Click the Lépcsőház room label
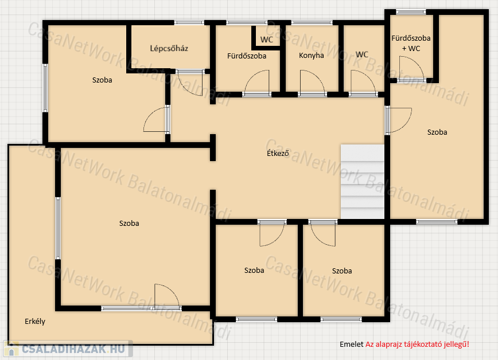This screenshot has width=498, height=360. [169, 49]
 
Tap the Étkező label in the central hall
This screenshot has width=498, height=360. [278, 153]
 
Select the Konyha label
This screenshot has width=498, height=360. [311, 56]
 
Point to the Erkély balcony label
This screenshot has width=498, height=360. [35, 321]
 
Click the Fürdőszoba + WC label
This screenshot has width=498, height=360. [411, 43]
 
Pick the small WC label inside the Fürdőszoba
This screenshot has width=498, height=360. [266, 40]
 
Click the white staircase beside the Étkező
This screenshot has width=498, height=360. [363, 182]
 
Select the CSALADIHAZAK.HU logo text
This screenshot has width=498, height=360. [73, 349]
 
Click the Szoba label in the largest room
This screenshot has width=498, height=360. [129, 223]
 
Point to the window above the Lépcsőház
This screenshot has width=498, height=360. [189, 22]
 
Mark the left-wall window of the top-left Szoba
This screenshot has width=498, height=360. [45, 88]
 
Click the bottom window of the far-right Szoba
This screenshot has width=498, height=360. [437, 222]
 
